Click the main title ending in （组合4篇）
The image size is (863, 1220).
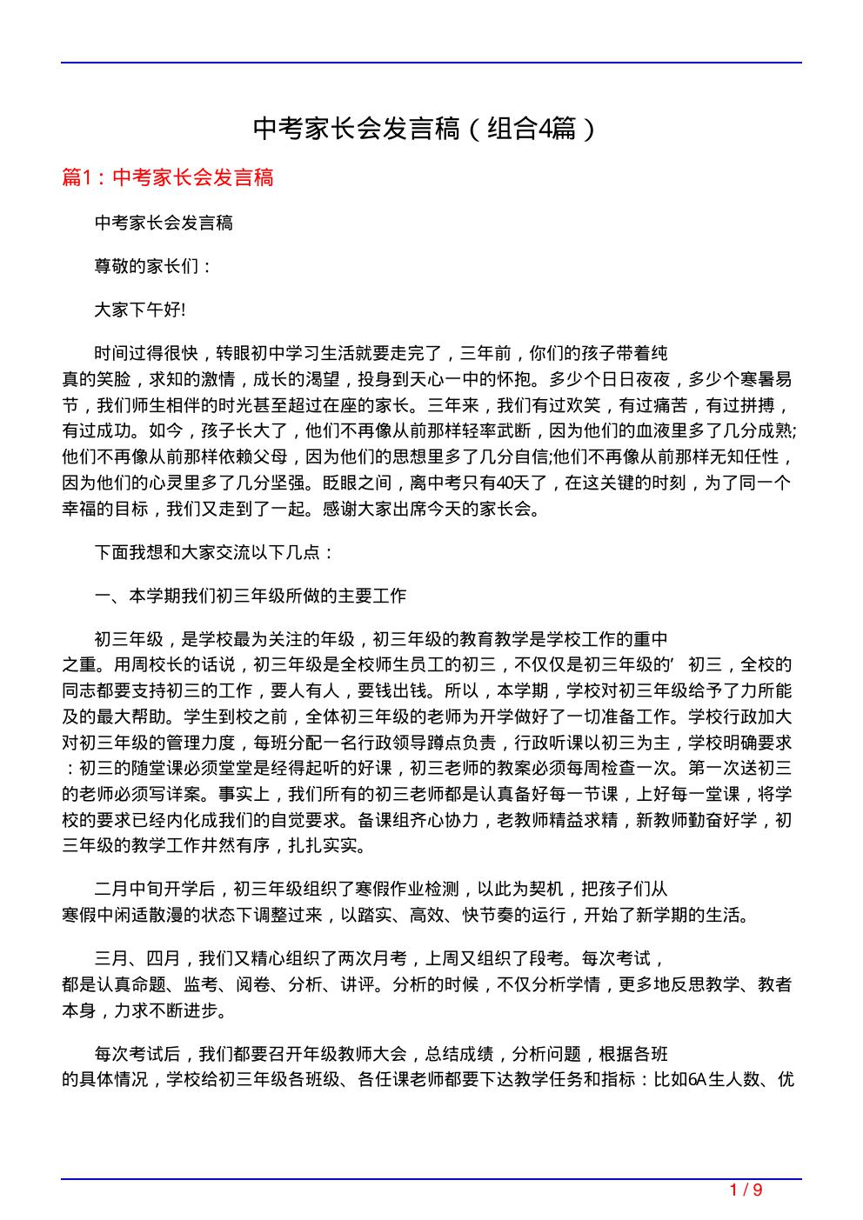coord(426,129)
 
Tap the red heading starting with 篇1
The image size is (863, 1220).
coord(168,177)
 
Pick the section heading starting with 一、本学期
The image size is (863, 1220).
coord(251,597)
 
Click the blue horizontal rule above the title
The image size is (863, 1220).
coord(431,63)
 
